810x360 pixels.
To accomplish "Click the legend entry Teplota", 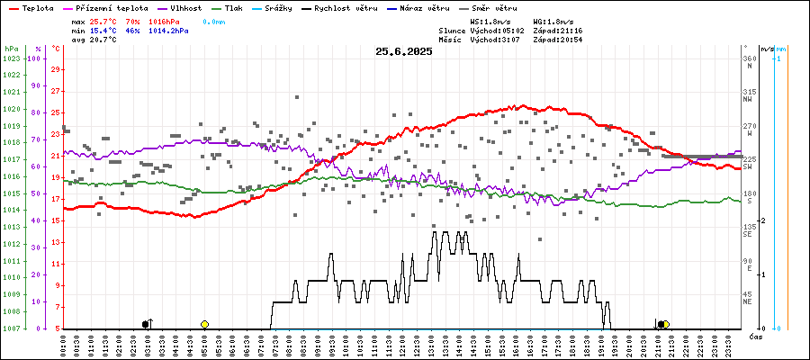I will tap(32, 7).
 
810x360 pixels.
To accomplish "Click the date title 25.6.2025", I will tap(404, 51).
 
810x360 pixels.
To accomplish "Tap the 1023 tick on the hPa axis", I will tap(12, 58).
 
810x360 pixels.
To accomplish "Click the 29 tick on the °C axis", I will tap(56, 69).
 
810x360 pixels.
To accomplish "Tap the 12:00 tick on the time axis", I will tap(401, 344).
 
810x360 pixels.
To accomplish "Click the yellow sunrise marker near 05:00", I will tap(205, 324).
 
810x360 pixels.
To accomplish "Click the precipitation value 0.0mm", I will tap(214, 20).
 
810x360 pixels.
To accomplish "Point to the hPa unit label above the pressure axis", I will tap(11, 48).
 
